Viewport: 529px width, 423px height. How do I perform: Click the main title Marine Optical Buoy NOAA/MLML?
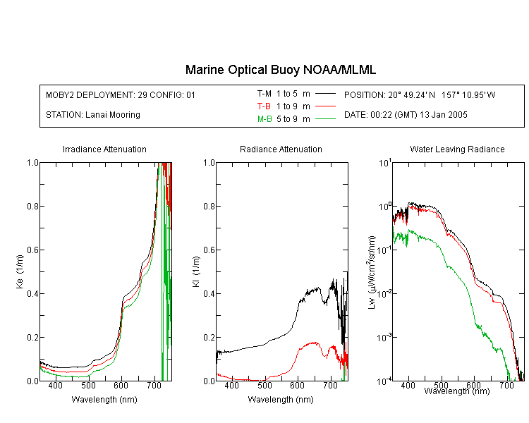(281, 70)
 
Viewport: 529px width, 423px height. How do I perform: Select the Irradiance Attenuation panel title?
(104, 149)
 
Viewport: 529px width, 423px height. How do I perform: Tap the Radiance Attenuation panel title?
(281, 149)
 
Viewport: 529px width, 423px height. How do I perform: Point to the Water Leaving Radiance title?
(458, 149)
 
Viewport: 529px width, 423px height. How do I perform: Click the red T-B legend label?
(264, 106)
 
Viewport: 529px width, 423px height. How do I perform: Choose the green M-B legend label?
(264, 119)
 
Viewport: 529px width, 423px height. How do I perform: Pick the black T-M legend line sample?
(325, 94)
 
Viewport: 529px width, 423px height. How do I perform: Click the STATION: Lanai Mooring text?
(93, 115)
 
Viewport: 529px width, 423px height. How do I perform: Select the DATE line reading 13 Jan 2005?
(406, 115)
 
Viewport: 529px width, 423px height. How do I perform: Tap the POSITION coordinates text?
(420, 94)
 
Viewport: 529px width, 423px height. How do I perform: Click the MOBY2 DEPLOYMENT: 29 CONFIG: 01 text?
(121, 94)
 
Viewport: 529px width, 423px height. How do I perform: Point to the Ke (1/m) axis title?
(20, 271)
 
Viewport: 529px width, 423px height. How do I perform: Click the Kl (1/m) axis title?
(196, 271)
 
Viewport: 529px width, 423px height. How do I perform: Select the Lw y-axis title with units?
(372, 272)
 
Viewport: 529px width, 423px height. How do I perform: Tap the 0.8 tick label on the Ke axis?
(32, 206)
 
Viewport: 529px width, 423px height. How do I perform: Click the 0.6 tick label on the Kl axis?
(209, 250)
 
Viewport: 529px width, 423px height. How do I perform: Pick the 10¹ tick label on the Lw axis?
(385, 163)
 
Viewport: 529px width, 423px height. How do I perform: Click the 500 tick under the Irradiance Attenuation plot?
(88, 385)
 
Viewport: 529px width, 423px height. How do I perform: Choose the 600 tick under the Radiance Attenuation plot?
(298, 385)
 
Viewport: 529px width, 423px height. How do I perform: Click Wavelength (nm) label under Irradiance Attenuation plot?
(104, 400)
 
